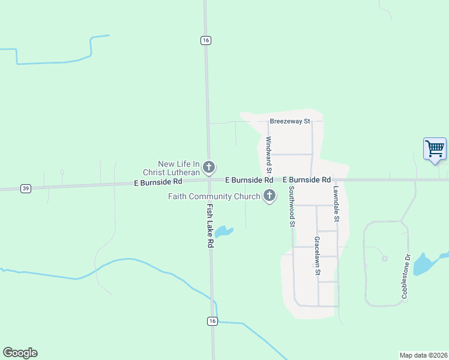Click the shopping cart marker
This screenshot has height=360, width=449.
point(435,148)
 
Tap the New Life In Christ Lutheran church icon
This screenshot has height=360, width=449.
point(209,167)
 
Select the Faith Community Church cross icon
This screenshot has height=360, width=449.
point(270,196)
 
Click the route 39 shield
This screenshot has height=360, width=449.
point(25,188)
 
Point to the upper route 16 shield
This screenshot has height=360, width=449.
point(206,40)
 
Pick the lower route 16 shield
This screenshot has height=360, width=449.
point(212,322)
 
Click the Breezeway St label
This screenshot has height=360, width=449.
point(289,121)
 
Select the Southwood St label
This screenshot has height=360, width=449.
point(292,206)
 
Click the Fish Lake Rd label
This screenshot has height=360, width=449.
point(210,226)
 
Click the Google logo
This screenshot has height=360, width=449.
point(20,353)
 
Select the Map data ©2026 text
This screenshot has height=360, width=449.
point(423,355)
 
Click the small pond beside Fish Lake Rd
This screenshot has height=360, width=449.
point(224,231)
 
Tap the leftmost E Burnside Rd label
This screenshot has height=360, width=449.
point(158,181)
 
